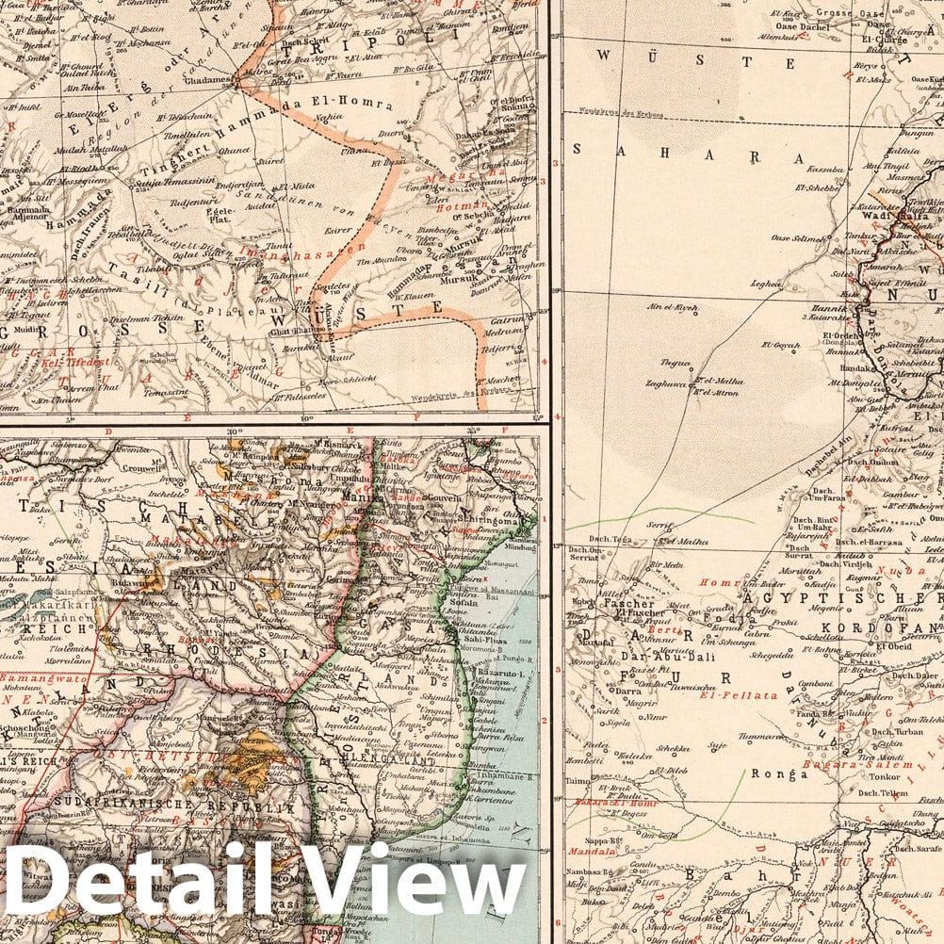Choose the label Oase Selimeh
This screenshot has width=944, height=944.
pyautogui.click(x=797, y=237)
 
